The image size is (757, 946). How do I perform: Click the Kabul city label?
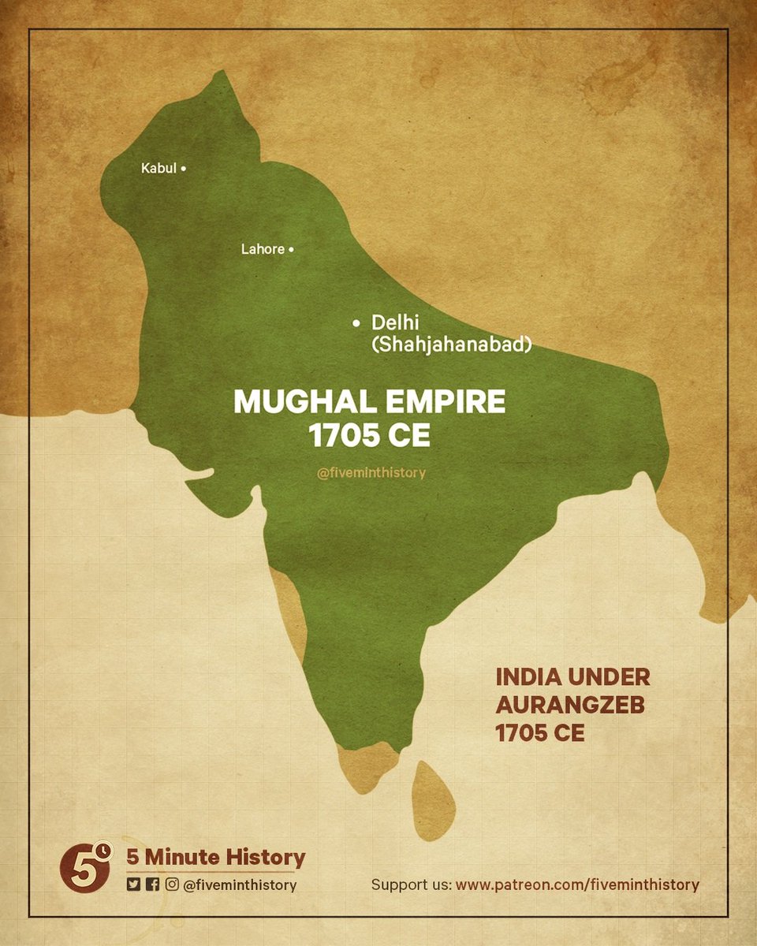[x=158, y=168]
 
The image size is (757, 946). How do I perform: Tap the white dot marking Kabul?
[x=184, y=168]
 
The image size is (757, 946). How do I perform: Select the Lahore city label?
[x=262, y=249]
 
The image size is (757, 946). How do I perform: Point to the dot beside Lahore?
[x=291, y=249]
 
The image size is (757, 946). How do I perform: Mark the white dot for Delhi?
[x=356, y=322]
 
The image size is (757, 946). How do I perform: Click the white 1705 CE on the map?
[x=370, y=436]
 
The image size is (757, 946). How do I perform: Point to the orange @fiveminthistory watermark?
[x=370, y=473]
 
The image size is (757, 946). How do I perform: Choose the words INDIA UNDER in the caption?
[x=572, y=677]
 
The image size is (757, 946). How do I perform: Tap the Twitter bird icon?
[x=133, y=885]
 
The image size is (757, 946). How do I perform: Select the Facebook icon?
[x=152, y=885]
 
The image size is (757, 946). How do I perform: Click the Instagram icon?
[x=171, y=885]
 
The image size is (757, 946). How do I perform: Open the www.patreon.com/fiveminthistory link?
[x=577, y=885]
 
